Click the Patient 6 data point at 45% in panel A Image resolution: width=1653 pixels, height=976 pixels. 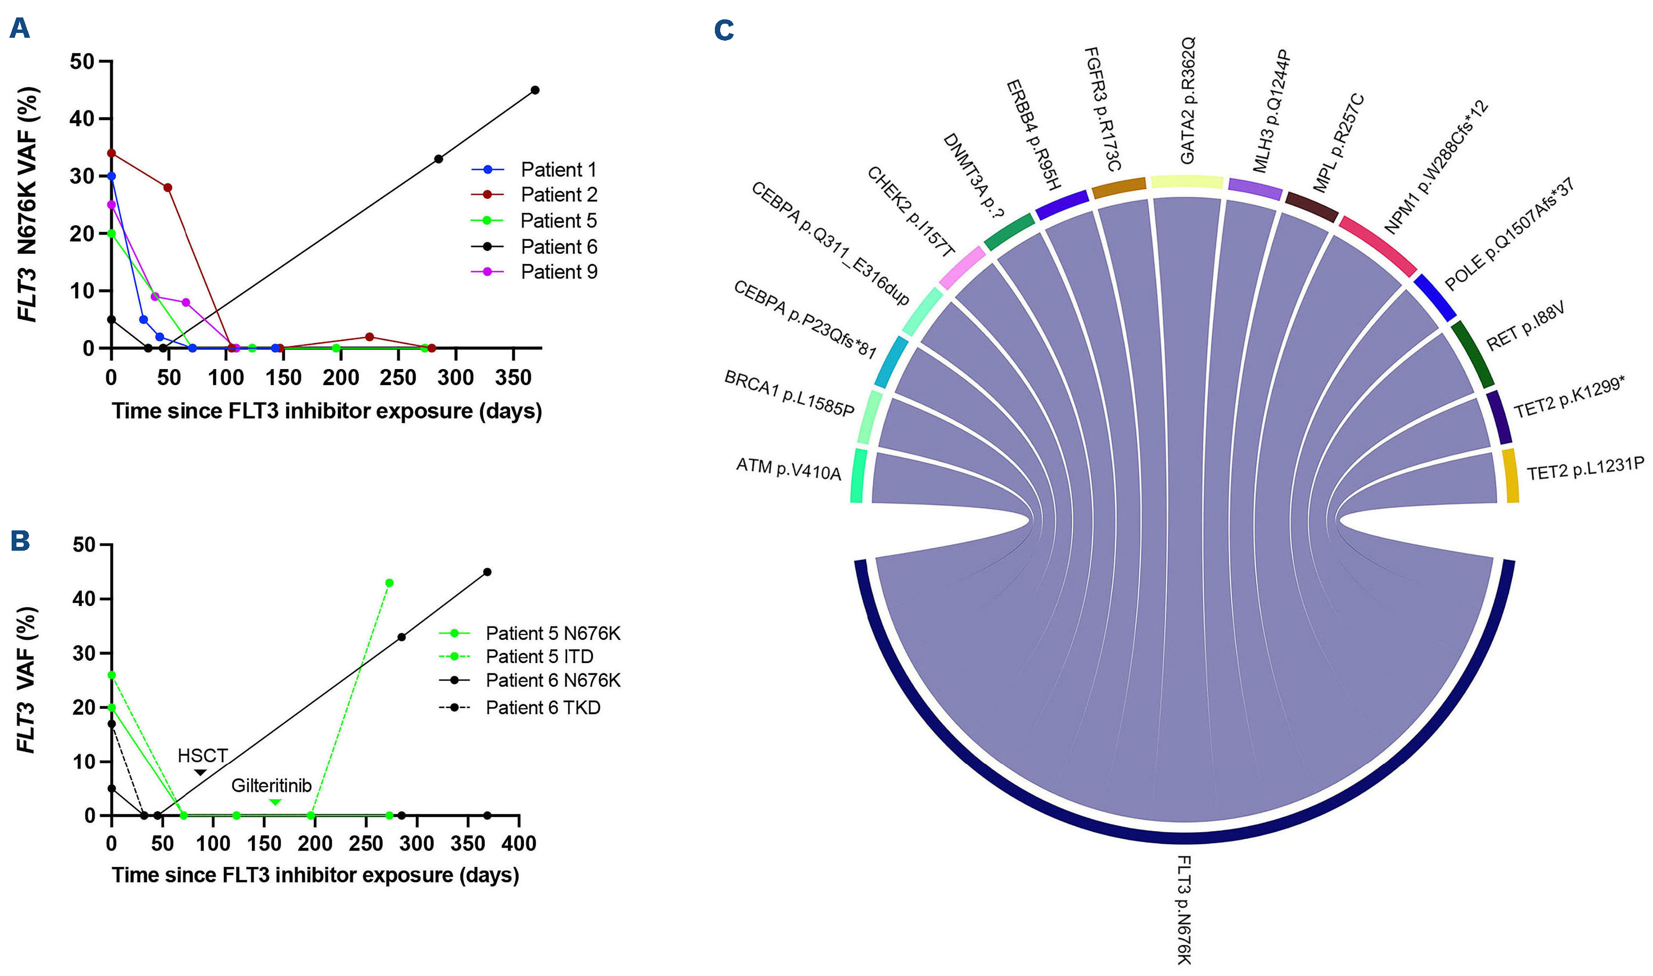pos(535,90)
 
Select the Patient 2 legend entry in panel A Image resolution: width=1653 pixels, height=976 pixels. pos(558,195)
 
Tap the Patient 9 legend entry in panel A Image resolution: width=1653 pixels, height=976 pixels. pos(558,272)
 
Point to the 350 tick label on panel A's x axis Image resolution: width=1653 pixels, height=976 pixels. pos(513,377)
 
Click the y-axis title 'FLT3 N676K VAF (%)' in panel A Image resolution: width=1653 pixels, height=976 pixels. pos(28,204)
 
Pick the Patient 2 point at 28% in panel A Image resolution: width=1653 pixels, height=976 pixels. pos(168,187)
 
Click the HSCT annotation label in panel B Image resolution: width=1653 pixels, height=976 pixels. pos(202,756)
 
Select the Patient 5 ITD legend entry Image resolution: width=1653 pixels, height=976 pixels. pos(539,656)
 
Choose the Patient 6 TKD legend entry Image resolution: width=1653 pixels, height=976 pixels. pos(542,708)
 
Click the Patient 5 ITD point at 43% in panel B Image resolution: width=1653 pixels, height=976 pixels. pos(389,583)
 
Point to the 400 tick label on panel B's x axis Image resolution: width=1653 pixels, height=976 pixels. pos(518,843)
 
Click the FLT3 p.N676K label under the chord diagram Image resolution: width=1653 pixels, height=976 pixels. pos(1184,910)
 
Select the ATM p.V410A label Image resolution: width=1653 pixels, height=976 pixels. pos(788,469)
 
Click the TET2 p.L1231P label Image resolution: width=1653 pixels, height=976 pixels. pos(1585,469)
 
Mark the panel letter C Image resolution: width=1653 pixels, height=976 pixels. pos(724,30)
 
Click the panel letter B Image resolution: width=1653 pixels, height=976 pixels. pos(20,541)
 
